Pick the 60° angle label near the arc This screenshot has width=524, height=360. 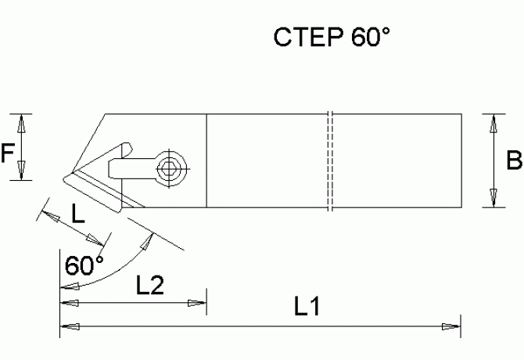click(84, 265)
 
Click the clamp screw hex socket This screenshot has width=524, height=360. click(168, 167)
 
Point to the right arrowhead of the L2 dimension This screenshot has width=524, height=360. click(198, 302)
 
